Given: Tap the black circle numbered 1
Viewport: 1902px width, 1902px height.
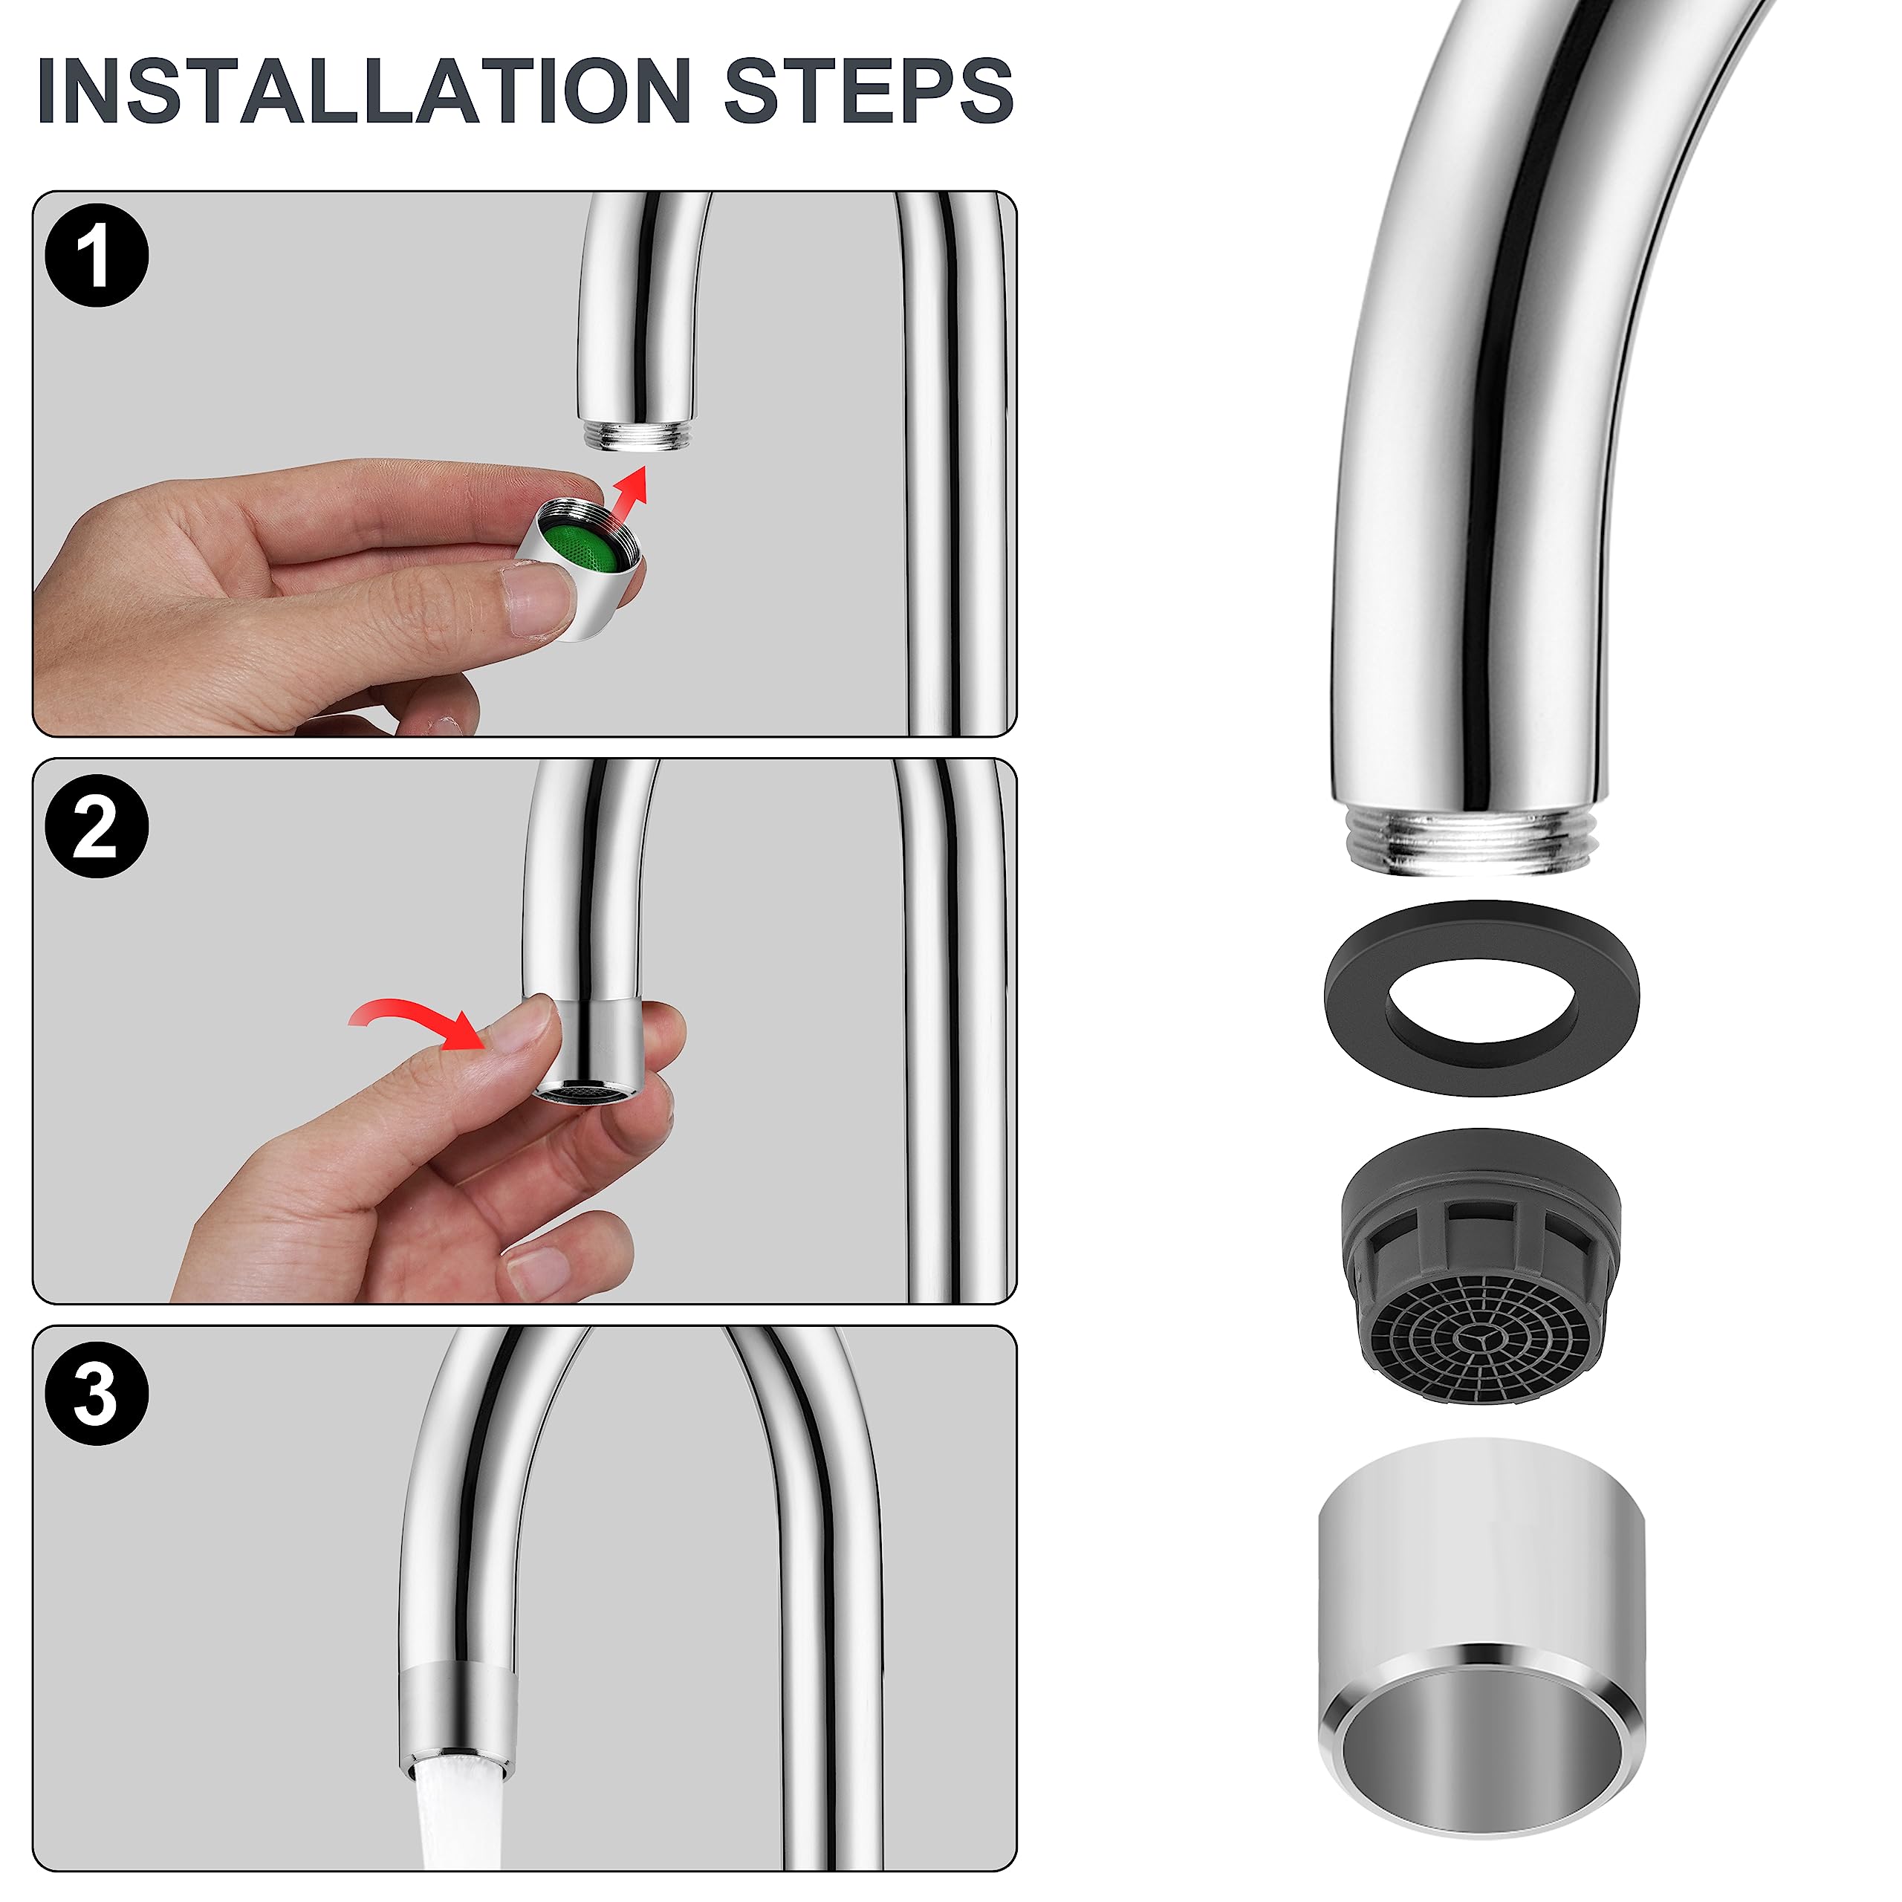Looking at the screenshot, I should tap(97, 256).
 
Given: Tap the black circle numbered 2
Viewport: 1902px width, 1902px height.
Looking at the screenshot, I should tap(97, 825).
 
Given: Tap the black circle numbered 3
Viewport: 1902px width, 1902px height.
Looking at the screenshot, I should tap(97, 1393).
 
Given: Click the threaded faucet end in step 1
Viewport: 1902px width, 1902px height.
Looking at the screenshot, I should tap(636, 435).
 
